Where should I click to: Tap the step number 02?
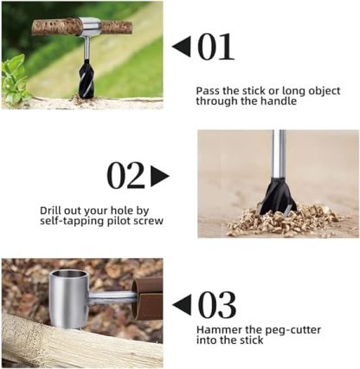click(x=125, y=176)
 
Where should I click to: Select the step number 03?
click(x=216, y=305)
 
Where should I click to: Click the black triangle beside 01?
click(x=181, y=47)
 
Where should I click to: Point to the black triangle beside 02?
click(x=159, y=176)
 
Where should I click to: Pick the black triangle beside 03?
click(x=182, y=305)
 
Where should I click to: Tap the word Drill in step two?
click(x=53, y=210)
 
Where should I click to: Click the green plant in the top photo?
click(x=15, y=76)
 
